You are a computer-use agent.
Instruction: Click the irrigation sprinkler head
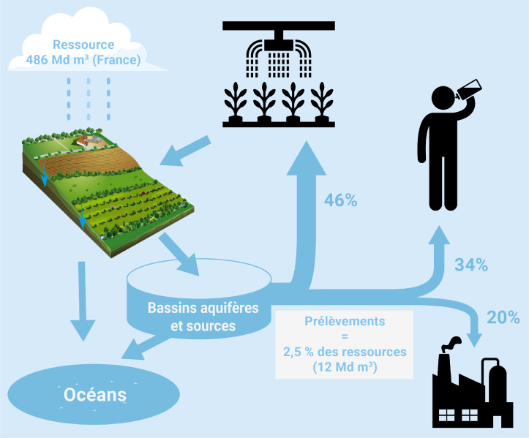pyautogui.click(x=277, y=43)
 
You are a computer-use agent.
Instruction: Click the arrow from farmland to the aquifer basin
pyautogui.click(x=181, y=253)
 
